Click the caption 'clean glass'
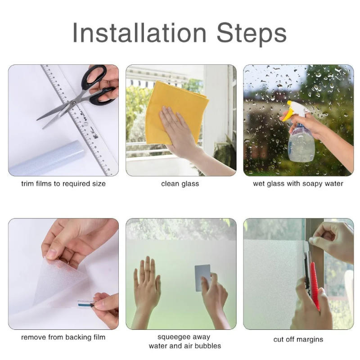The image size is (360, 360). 180,184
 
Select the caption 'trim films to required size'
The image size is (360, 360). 63,184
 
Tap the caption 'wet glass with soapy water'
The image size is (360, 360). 298,184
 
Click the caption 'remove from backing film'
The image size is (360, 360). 63,337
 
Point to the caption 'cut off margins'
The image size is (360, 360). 298,339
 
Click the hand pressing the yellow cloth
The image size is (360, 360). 178,130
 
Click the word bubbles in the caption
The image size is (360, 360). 207,346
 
